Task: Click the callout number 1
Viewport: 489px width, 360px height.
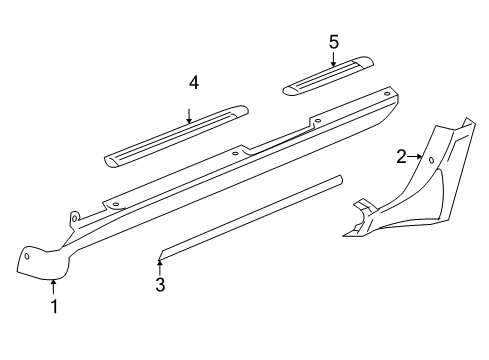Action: pos(54,307)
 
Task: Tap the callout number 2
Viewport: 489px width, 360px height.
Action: pos(402,156)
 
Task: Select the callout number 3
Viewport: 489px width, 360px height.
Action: pos(160,285)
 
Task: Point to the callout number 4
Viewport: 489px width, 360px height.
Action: pos(194,83)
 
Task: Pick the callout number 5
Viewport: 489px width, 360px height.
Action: pos(334,41)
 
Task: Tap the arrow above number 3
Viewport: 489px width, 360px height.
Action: pos(159,265)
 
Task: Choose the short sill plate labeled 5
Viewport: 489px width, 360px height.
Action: pos(328,77)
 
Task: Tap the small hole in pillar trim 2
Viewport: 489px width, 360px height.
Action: pos(430,159)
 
